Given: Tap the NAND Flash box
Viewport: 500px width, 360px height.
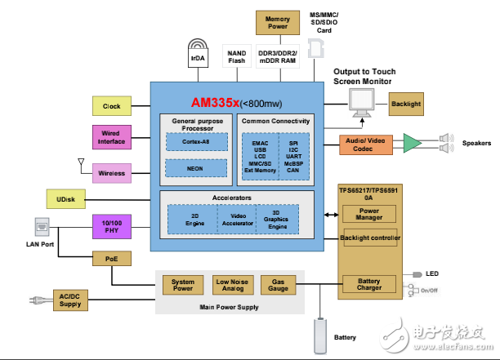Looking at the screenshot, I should [x=236, y=57].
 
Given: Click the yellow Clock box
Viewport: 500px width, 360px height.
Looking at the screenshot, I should [x=111, y=105].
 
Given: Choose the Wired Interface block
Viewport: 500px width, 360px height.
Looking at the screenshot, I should [x=111, y=136].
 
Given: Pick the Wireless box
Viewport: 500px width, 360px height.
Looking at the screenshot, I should [x=111, y=172].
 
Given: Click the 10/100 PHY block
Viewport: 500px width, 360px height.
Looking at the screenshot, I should [x=111, y=226].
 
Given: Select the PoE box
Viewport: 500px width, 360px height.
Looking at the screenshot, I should [x=111, y=258].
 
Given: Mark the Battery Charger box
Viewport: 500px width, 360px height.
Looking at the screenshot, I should [x=369, y=285].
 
